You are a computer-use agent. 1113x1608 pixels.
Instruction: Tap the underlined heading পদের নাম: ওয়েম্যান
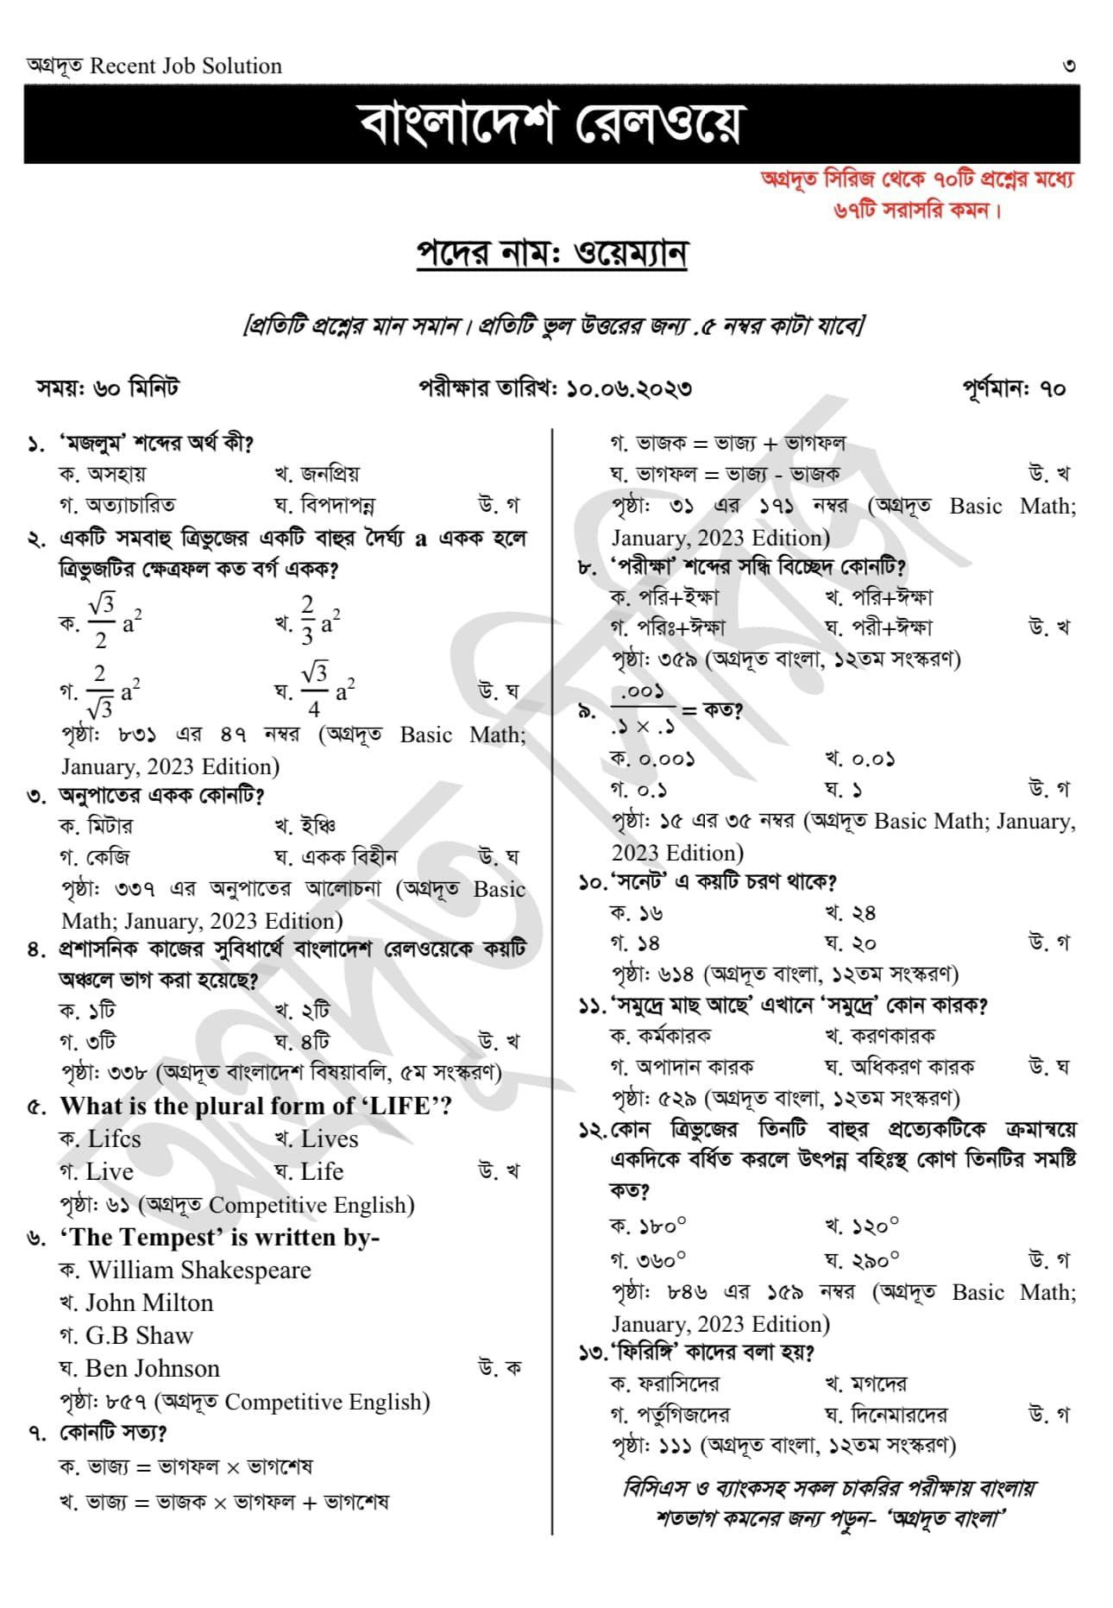click(x=551, y=254)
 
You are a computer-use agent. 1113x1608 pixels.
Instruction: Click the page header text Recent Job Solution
click(x=185, y=66)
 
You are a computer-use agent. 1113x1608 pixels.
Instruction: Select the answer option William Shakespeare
click(x=198, y=1270)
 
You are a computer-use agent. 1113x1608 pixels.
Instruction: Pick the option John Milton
click(x=148, y=1302)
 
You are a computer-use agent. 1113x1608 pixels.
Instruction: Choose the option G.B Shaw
click(x=139, y=1335)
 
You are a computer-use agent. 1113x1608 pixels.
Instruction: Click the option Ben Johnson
click(x=152, y=1368)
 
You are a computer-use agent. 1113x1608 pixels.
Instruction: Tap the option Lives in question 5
click(x=329, y=1139)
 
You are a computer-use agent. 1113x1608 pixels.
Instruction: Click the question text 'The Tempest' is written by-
click(x=219, y=1237)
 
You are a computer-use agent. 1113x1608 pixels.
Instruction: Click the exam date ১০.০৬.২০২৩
click(x=628, y=388)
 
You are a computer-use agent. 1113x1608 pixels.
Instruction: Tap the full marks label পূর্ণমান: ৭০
click(x=1014, y=388)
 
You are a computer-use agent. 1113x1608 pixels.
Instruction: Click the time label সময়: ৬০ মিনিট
click(x=107, y=388)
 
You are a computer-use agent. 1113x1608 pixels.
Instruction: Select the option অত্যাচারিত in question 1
click(x=129, y=505)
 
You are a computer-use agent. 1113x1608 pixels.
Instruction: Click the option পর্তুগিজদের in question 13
click(x=682, y=1415)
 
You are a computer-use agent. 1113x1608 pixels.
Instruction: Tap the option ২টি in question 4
click(x=315, y=1011)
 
